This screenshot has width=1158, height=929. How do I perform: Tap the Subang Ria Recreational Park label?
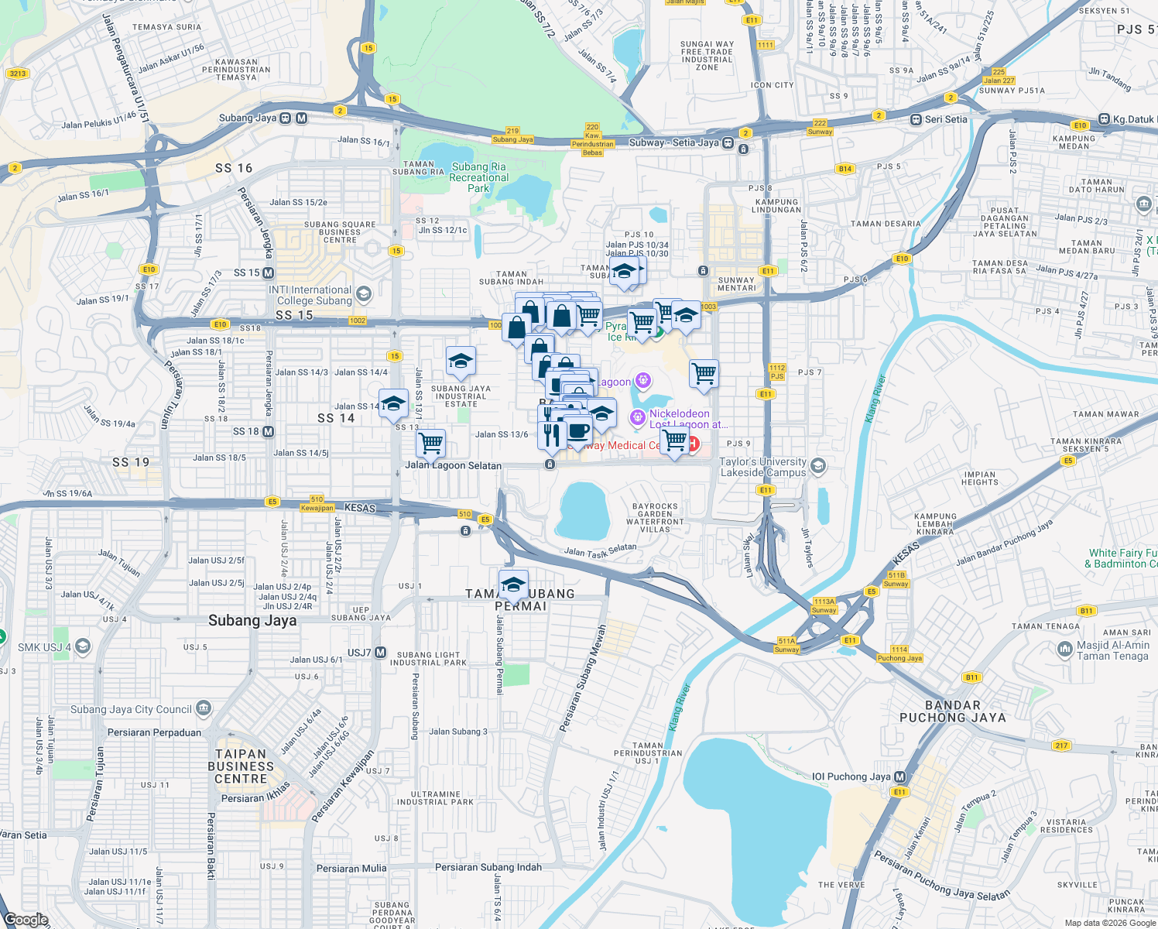pos(478,177)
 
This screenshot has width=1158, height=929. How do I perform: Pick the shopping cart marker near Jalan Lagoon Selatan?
pos(430,444)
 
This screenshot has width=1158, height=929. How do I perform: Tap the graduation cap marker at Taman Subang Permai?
pos(513,585)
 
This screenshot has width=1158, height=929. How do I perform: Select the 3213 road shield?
pos(17,74)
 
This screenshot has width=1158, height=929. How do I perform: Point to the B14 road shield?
pos(845,169)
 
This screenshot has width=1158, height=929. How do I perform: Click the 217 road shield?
pos(1060,746)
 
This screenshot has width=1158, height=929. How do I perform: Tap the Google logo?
pos(26,920)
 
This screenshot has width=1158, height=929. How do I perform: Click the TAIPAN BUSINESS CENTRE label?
pos(240,766)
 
